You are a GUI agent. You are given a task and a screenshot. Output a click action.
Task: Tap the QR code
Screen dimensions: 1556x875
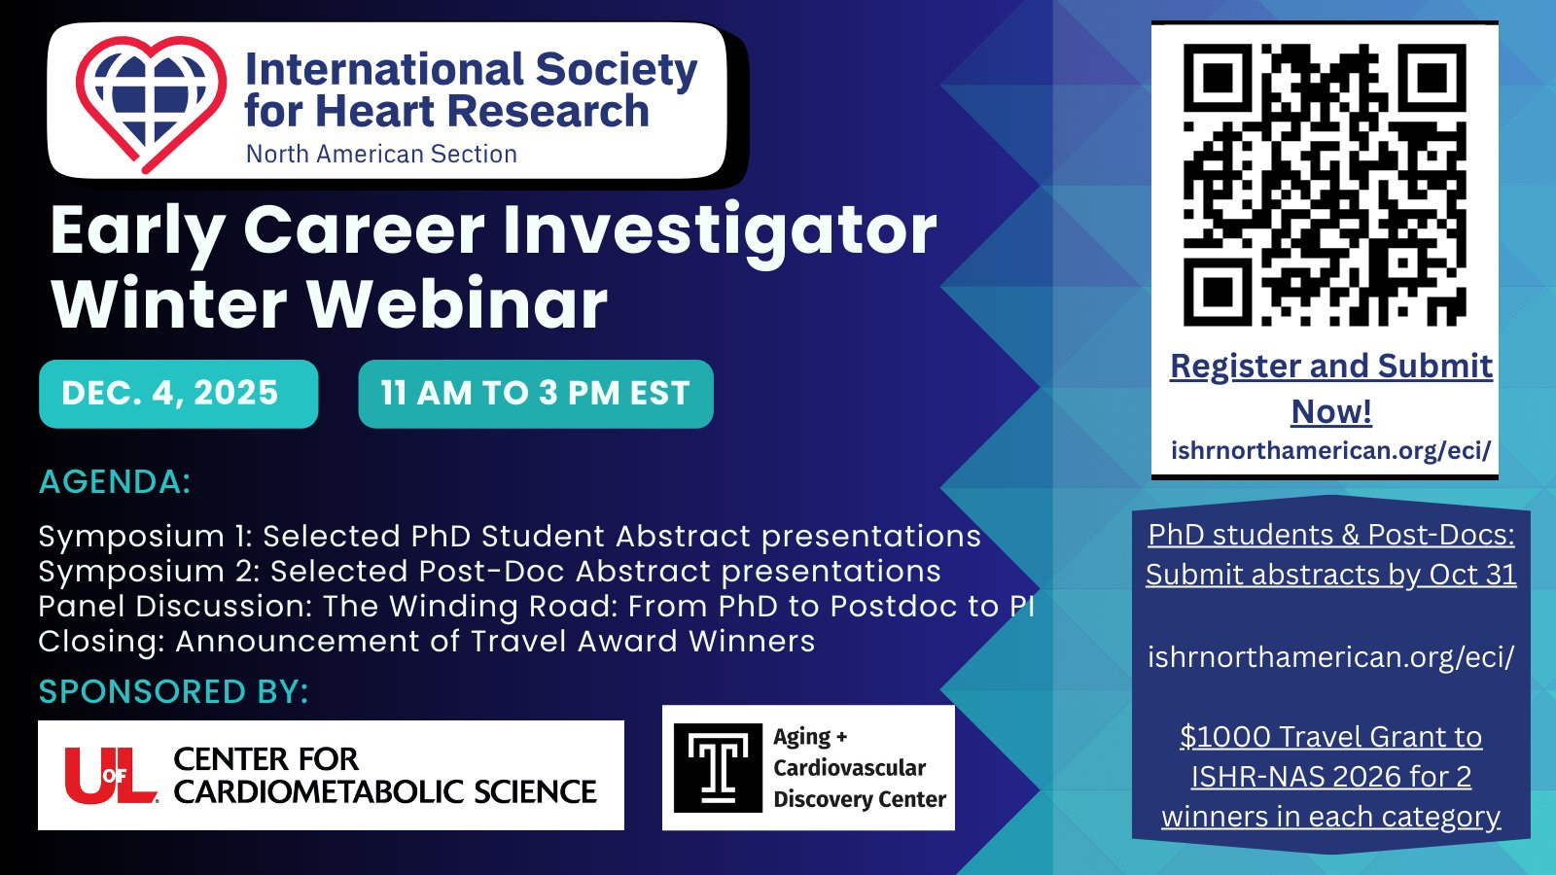(x=1325, y=185)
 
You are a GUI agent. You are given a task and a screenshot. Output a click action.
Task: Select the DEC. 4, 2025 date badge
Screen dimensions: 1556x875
(x=179, y=394)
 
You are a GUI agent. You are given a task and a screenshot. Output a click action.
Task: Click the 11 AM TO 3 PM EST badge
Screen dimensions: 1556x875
(x=536, y=394)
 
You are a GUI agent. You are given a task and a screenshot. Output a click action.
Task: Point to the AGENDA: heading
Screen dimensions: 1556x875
(x=115, y=482)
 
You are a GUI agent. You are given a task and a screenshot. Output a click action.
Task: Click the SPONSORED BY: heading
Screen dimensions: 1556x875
(x=174, y=691)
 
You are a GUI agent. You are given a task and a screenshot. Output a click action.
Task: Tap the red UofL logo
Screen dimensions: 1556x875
(x=111, y=775)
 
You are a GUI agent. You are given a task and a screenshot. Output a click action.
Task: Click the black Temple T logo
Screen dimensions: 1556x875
(x=719, y=768)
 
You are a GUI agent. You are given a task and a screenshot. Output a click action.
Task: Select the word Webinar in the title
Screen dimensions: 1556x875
(x=458, y=304)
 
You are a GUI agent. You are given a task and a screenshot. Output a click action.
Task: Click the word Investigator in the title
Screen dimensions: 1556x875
(x=721, y=232)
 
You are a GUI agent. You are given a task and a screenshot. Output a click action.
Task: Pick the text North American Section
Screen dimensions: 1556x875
(x=381, y=155)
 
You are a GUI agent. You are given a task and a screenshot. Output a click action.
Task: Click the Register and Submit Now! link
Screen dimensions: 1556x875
(x=1331, y=388)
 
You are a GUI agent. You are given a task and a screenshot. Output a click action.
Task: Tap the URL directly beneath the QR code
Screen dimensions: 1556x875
(x=1331, y=451)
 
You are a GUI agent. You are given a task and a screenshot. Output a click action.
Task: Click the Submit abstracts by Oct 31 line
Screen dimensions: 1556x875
(x=1331, y=575)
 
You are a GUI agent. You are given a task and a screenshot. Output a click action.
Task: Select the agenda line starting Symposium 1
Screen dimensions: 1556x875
(x=510, y=537)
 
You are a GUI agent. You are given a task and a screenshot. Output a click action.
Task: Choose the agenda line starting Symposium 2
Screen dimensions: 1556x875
(x=490, y=572)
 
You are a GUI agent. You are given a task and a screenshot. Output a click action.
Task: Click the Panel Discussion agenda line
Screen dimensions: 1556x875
(x=536, y=607)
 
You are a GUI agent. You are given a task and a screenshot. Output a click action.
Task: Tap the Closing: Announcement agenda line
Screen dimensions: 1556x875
(x=427, y=641)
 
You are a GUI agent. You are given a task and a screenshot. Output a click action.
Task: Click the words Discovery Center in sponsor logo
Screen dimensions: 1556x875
(x=860, y=799)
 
